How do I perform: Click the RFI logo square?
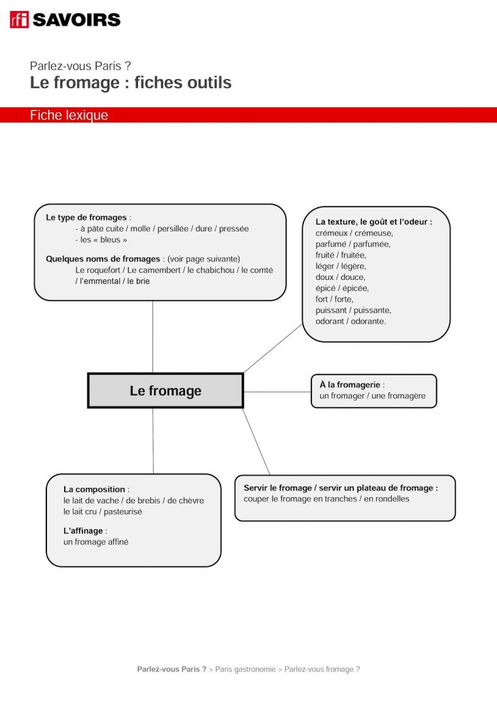coord(19,20)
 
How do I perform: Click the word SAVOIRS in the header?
coord(77,20)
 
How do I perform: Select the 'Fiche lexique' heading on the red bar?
coord(69,115)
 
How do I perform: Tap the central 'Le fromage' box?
coord(165,391)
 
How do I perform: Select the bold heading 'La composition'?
coord(94,489)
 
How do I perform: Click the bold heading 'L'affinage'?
coord(84,530)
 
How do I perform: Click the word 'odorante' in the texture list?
coord(368,321)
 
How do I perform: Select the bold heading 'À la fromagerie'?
coord(350,385)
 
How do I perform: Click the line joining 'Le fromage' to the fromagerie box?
coord(277,392)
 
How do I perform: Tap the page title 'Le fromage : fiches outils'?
coord(130,83)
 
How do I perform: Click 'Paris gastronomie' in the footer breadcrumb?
coord(245,669)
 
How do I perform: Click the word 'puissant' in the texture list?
coord(332,310)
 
